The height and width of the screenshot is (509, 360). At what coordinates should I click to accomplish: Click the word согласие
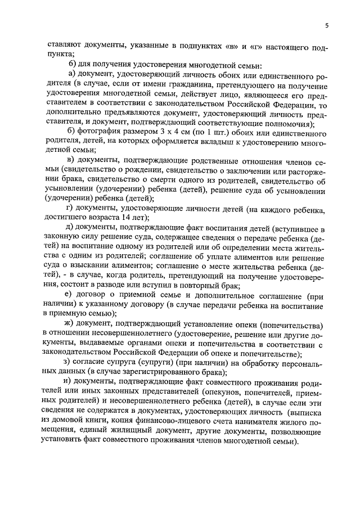point(97,363)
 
